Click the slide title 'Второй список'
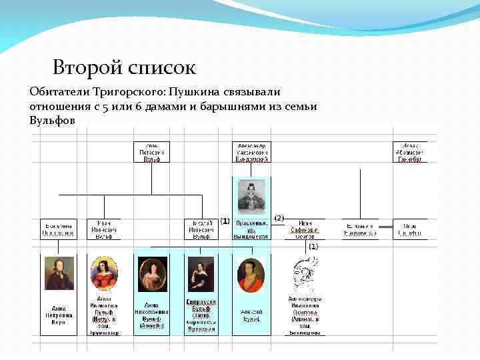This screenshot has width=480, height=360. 124,67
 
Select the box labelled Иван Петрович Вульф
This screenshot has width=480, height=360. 151,151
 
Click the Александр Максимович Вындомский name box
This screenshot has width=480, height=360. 251,151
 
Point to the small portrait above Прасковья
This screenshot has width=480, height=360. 251,197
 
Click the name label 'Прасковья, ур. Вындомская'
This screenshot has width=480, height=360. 251,229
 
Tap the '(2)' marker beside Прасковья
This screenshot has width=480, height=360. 279,218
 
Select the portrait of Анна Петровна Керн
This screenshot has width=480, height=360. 60,274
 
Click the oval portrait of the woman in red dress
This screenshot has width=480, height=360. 104,273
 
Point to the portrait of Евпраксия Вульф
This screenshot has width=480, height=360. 201,274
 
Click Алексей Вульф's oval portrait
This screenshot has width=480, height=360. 251,274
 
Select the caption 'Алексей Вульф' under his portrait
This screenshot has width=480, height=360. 251,315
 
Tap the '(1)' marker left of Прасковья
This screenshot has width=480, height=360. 225,221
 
